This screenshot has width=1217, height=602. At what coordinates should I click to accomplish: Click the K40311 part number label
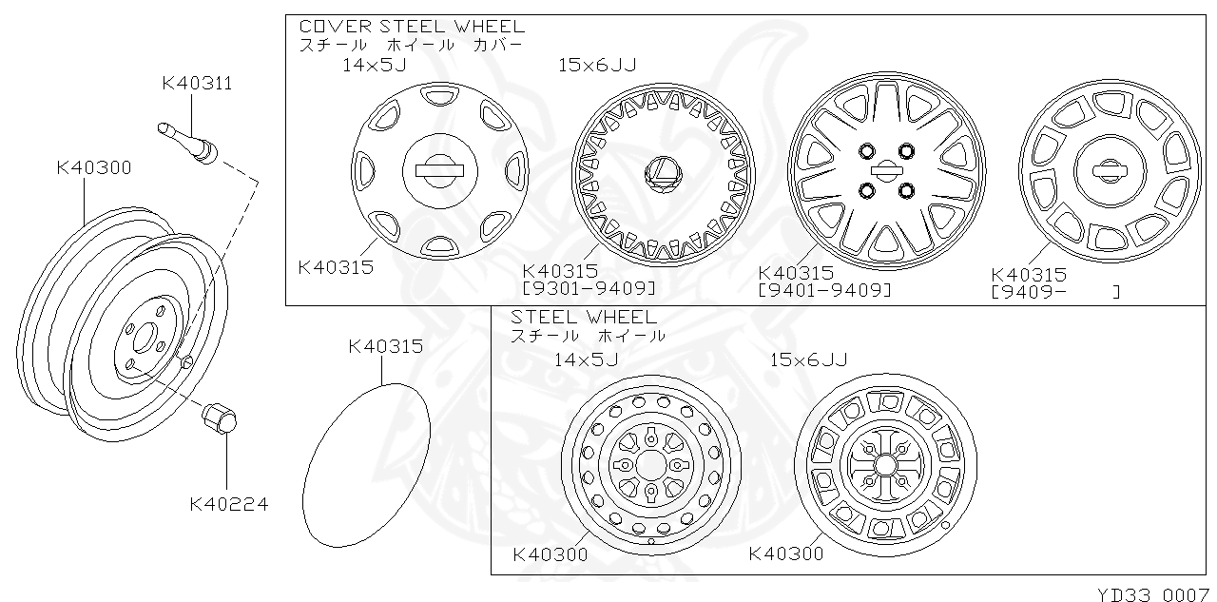tap(197, 84)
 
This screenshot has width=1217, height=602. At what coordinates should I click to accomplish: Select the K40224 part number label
tap(228, 504)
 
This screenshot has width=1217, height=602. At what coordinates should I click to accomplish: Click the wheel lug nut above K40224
tap(220, 418)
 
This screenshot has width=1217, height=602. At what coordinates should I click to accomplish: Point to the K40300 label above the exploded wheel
tap(93, 168)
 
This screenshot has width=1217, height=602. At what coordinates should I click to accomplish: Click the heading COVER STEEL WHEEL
tap(412, 27)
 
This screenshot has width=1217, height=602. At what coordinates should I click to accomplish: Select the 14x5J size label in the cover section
tap(375, 65)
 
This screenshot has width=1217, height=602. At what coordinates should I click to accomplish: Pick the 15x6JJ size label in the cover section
tap(597, 65)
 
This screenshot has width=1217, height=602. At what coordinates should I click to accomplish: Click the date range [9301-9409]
tap(589, 288)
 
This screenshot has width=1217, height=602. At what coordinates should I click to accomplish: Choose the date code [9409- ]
tap(1055, 292)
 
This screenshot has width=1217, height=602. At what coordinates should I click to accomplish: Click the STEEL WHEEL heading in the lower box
tap(583, 317)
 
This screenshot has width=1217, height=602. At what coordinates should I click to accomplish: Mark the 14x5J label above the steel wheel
tap(586, 359)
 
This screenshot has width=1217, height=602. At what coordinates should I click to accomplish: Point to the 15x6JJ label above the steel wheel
tap(808, 359)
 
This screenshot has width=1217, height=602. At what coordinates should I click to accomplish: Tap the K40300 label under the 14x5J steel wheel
tap(550, 553)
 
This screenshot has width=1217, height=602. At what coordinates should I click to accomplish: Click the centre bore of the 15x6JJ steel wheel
tap(884, 464)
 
